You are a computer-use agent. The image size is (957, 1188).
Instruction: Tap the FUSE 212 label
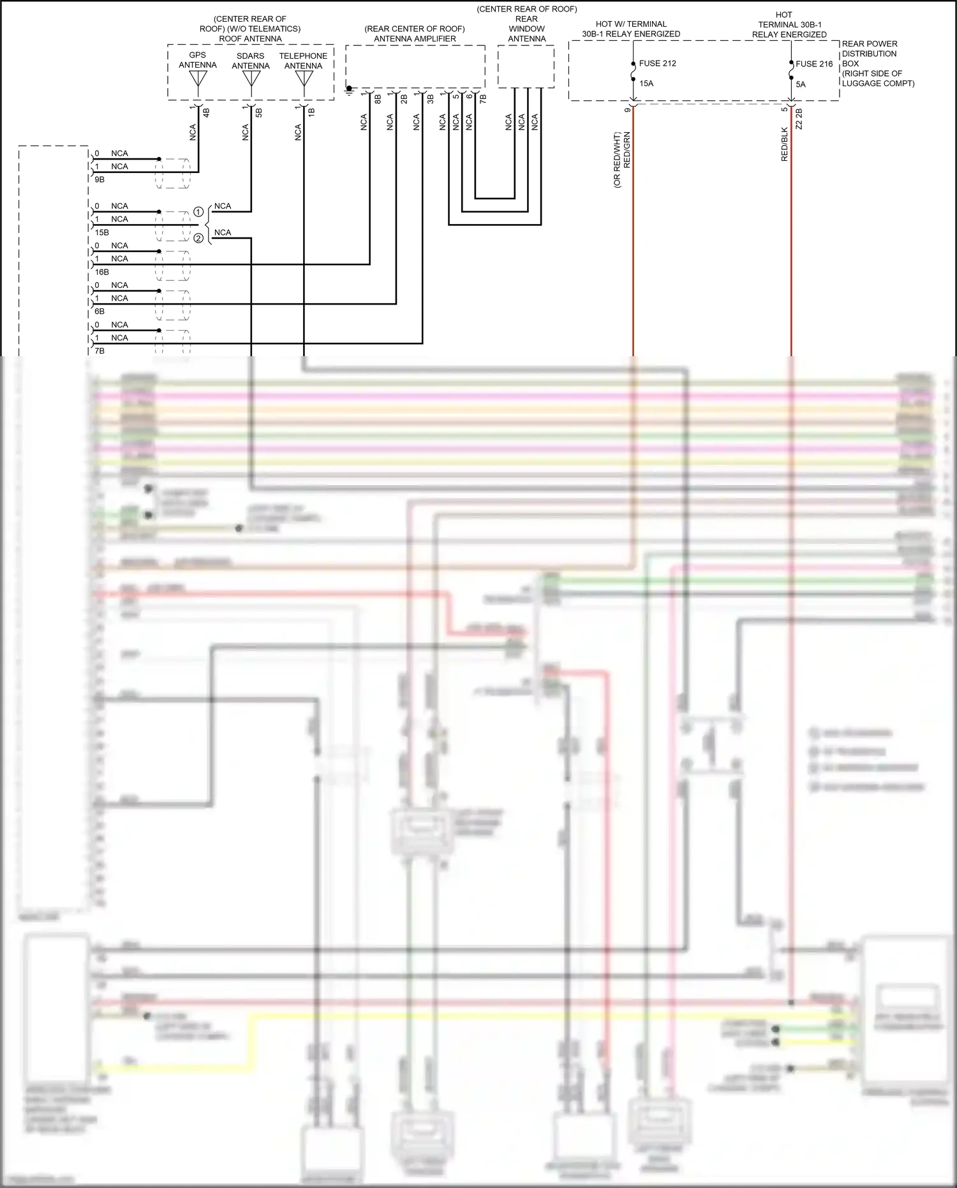(657, 63)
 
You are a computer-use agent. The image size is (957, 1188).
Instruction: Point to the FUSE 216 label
(814, 64)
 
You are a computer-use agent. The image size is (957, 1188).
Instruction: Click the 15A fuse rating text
(646, 84)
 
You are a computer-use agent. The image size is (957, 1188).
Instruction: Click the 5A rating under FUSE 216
(801, 84)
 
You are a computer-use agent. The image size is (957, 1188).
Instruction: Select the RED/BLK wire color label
(785, 144)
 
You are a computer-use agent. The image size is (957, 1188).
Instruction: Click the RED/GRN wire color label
(627, 151)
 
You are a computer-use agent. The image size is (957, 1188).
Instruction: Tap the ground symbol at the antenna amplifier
(349, 91)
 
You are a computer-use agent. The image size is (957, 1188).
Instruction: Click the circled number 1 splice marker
(198, 212)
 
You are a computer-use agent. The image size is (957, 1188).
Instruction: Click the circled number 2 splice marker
(198, 238)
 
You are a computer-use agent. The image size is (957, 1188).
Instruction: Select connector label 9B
(100, 180)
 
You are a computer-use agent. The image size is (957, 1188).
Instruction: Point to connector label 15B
(102, 232)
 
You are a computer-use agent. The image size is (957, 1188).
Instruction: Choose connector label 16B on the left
(102, 272)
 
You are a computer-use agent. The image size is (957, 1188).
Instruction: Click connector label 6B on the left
(100, 312)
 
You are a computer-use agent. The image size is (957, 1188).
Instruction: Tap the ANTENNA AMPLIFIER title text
(415, 39)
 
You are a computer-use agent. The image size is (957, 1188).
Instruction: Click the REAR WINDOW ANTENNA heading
(526, 29)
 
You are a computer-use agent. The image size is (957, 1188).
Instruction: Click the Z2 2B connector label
(799, 119)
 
